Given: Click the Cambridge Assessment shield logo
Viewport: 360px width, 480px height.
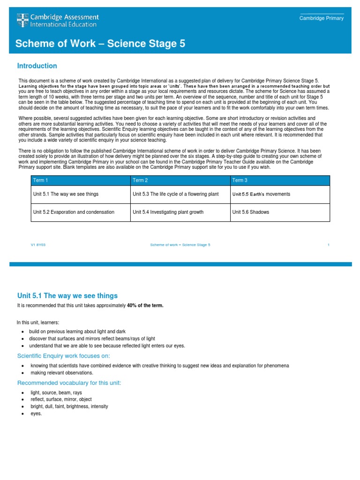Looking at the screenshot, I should [x=22, y=20].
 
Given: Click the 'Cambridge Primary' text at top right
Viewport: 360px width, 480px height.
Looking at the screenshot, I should [x=322, y=18].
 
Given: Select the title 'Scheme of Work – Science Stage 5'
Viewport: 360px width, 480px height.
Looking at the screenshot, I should [x=100, y=44].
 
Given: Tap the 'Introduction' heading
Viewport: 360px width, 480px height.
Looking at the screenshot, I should [x=37, y=66].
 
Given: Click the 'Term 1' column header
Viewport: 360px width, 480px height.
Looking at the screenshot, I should [x=40, y=180].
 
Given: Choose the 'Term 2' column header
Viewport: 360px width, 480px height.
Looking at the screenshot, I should [x=140, y=180].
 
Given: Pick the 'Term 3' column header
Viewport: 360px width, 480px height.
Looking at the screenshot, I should [x=240, y=180].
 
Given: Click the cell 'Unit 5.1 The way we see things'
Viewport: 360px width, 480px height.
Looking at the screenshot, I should [x=66, y=194].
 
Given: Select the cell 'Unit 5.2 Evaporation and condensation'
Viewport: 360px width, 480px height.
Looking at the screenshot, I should [x=74, y=212].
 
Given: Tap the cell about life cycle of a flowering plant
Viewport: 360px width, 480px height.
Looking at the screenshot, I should [x=176, y=194].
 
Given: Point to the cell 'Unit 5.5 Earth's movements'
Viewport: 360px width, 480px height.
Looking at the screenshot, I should [x=261, y=194].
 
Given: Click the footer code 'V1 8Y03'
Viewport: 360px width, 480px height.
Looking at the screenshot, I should [x=37, y=245].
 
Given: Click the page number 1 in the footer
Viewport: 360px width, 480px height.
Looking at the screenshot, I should [x=328, y=245].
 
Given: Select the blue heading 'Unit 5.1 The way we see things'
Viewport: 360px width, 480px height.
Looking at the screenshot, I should [x=67, y=296].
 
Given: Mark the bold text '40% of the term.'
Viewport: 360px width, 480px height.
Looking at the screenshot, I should [x=145, y=306].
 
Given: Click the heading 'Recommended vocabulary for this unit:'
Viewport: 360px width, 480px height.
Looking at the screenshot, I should [x=69, y=383].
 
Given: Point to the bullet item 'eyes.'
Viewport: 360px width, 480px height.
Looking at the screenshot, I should [x=36, y=414].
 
